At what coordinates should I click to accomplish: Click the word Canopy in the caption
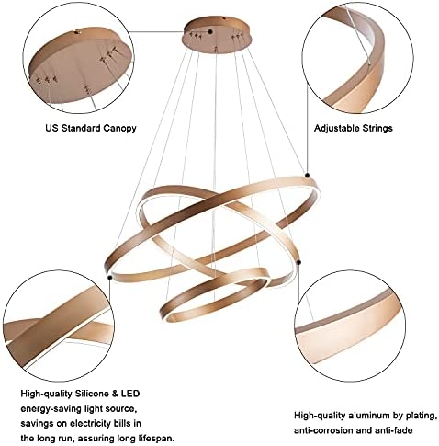click(119, 128)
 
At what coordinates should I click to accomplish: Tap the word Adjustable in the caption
click(336, 128)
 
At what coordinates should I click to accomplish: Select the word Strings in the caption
click(377, 128)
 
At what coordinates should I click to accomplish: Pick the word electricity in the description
click(92, 424)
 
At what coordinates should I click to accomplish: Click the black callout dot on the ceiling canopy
click(210, 31)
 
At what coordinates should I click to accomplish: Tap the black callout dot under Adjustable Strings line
click(307, 175)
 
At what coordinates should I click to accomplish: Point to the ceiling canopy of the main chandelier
click(218, 35)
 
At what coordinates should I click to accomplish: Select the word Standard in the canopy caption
click(81, 128)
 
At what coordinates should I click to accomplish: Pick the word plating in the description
click(422, 417)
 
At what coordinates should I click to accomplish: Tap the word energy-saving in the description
click(51, 409)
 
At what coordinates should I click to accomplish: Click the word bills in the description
click(125, 424)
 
